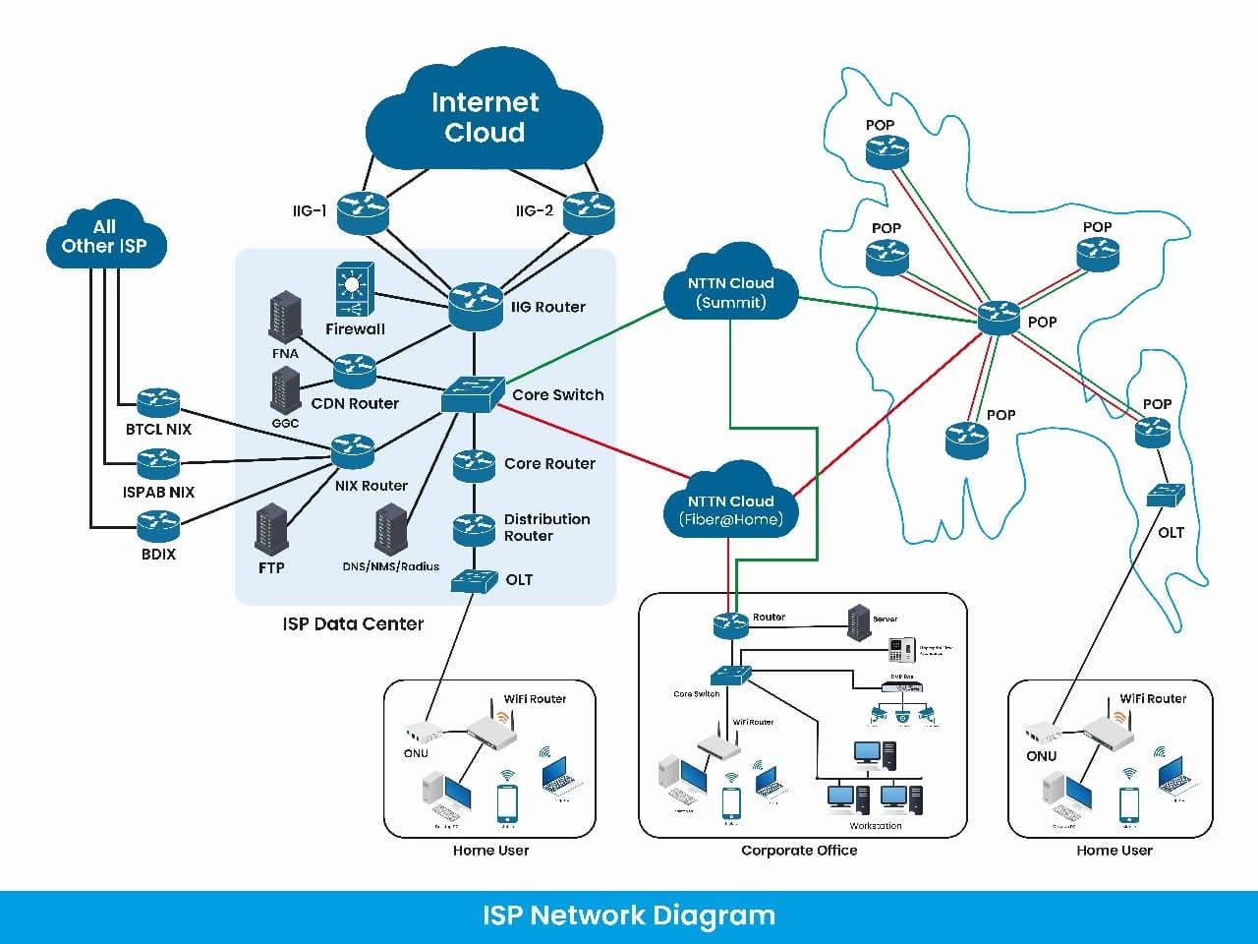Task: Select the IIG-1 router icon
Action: point(363,212)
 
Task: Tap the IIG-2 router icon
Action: point(589,212)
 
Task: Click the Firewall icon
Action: point(355,289)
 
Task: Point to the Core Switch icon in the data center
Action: point(473,393)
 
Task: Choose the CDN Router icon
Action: point(355,371)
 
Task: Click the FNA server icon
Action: point(285,316)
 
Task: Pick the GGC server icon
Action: point(285,390)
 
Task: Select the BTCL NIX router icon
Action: point(158,401)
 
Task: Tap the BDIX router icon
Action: point(158,526)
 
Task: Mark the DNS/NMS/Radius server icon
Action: point(390,529)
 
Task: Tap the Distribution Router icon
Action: point(474,529)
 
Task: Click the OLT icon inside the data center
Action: point(474,580)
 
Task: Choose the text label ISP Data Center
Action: point(353,623)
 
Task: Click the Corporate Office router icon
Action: point(731,622)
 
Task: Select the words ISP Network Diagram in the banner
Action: point(629,915)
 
